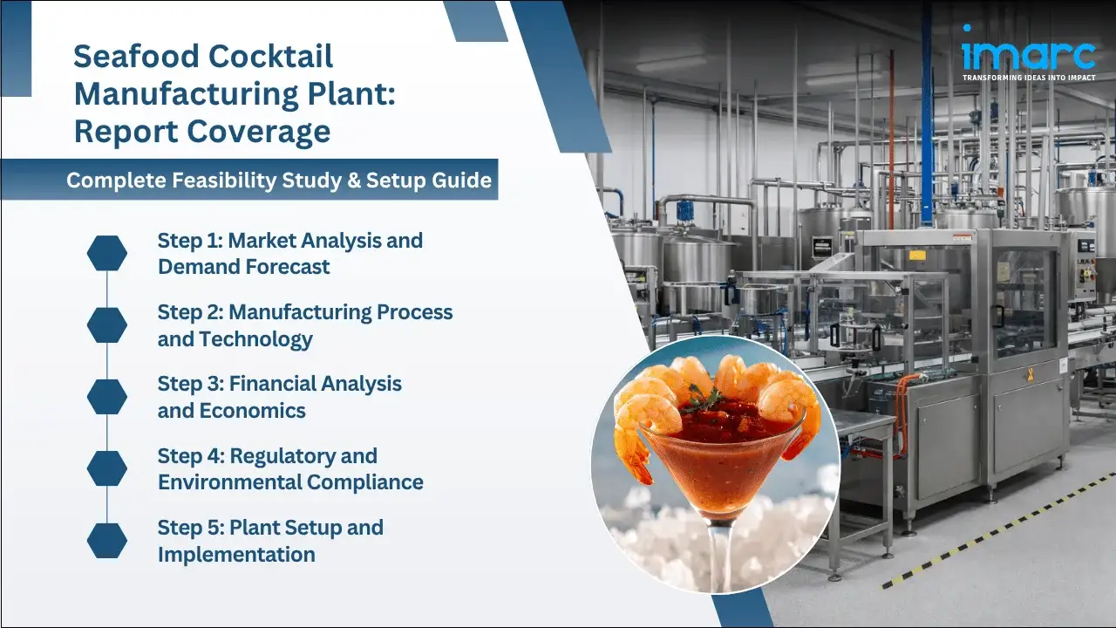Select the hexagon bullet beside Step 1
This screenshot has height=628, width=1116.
click(107, 253)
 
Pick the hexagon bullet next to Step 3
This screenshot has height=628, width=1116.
click(107, 397)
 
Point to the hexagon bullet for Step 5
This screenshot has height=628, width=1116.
click(107, 540)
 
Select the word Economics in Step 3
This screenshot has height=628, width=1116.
click(253, 411)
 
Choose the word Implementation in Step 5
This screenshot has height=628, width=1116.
click(236, 554)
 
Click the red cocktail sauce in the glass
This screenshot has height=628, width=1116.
click(715, 445)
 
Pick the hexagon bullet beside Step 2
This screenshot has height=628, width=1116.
click(107, 325)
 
